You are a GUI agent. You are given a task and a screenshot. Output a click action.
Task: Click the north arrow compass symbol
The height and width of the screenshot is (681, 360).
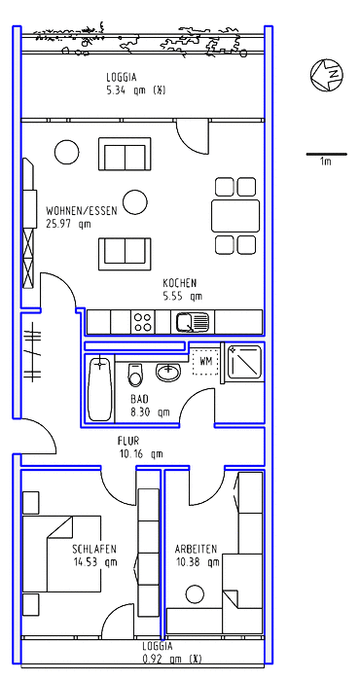coord(327,75)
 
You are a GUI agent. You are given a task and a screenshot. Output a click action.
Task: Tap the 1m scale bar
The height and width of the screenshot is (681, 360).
coord(327,154)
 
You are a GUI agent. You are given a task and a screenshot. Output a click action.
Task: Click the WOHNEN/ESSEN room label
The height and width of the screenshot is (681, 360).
coord(82,211)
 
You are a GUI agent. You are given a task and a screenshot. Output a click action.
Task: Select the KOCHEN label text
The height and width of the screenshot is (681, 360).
coord(180,283)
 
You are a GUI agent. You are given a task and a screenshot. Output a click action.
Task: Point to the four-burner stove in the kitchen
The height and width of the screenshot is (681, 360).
coord(143,322)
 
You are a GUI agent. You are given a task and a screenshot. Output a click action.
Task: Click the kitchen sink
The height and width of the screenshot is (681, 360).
coord(193,322)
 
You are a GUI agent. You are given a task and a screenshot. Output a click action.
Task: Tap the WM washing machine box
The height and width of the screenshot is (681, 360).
coord(206,361)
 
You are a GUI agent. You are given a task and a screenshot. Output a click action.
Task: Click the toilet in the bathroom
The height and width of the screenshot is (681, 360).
coord(135,375)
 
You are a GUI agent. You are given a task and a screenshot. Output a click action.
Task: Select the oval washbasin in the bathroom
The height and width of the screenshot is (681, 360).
coord(167,373)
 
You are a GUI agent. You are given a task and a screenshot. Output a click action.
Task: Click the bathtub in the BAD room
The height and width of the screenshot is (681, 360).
coord(100,389)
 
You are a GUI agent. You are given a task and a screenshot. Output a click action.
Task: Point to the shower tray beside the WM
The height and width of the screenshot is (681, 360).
coord(244,363)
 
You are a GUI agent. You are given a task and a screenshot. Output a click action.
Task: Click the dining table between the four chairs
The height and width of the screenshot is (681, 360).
coord(235,215)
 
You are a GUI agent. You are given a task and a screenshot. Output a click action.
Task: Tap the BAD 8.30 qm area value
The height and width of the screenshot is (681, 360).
coord(150,412)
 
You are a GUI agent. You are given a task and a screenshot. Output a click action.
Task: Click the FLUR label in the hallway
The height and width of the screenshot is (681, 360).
coord(128,442)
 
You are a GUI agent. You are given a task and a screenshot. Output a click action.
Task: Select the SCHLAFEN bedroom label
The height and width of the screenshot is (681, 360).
coord(94,550)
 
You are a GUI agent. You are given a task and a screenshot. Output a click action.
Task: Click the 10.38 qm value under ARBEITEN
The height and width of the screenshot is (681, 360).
coord(198,562)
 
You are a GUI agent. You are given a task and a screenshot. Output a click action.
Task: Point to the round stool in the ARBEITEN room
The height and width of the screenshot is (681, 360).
coord(195,594)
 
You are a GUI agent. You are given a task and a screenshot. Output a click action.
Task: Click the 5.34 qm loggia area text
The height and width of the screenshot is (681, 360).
coord(136,90)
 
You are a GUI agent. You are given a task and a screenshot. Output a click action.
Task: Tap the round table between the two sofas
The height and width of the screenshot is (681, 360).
coord(134,202)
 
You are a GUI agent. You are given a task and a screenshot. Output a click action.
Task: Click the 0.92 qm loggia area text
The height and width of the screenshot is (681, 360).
coord(172,659)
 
